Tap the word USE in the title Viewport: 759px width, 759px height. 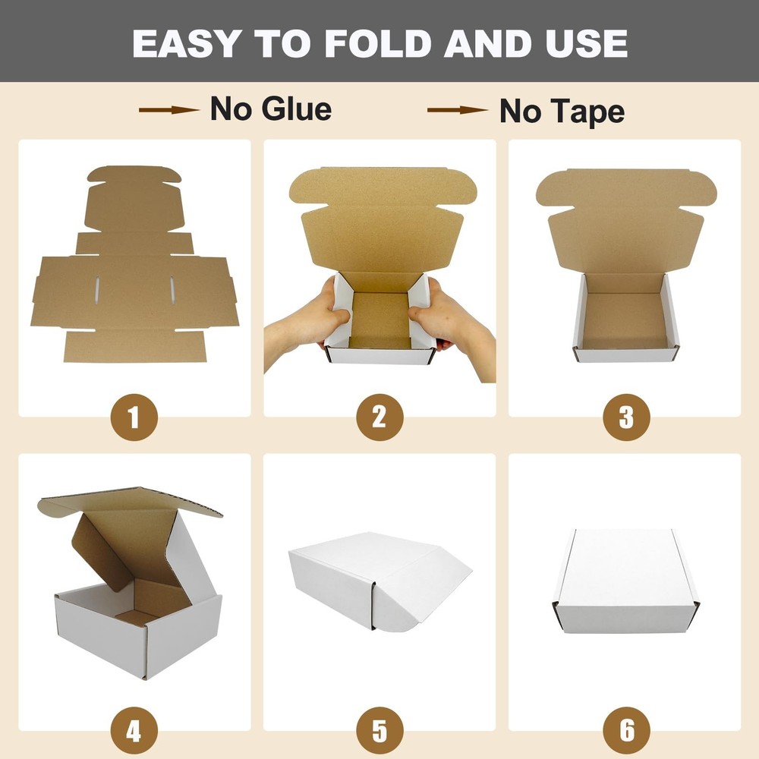click(582, 44)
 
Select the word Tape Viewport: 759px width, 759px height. click(586, 112)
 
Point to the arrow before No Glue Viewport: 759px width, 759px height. click(168, 110)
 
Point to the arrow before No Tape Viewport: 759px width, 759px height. click(457, 111)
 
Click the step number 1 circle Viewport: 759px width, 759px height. click(134, 417)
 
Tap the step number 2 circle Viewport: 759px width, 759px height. click(379, 417)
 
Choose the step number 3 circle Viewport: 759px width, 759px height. click(625, 417)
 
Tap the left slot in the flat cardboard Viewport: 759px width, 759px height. click(97, 289)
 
